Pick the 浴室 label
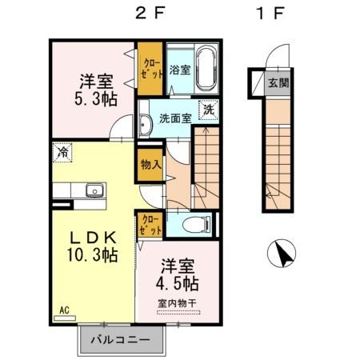pyautogui.click(x=179, y=70)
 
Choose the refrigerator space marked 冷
pyautogui.click(x=62, y=150)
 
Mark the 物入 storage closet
pyautogui.click(x=150, y=165)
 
